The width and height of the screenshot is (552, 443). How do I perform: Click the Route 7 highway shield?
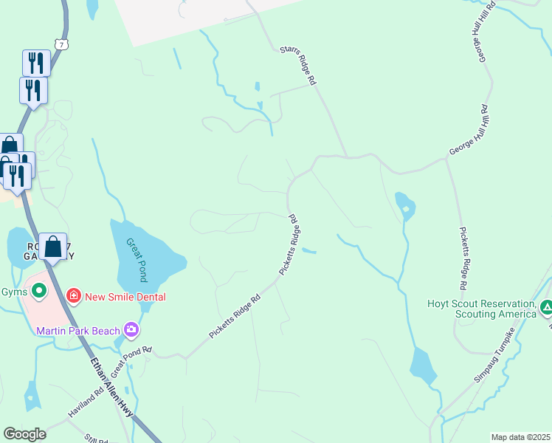pos(62,45)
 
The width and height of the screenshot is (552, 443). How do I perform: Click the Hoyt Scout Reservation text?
pos(481,309)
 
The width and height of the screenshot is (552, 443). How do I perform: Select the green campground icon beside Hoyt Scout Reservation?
pos(546,306)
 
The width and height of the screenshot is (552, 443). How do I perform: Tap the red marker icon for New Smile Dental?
pos(73,297)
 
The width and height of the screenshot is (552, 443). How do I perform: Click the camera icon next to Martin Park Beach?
pos(131,329)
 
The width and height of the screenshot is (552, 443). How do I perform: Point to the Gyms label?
pos(13,290)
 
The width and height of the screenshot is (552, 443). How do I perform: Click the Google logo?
pos(25,434)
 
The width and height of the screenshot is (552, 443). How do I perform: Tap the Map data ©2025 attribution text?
pos(520,437)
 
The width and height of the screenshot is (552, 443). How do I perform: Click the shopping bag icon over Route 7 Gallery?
pos(53,247)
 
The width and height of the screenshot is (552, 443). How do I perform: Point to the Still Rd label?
pos(96,439)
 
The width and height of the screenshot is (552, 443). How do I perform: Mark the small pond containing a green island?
pos(404,207)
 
